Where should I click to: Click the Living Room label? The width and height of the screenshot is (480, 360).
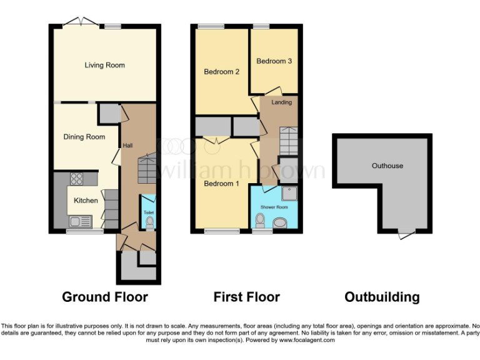coord(104,65)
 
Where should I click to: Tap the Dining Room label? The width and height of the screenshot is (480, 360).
coord(84,137)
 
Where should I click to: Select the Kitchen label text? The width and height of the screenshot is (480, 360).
coord(86,201)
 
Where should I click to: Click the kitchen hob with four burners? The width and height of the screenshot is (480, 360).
coord(76,179)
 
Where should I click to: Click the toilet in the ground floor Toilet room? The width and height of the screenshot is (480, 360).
coord(149,221)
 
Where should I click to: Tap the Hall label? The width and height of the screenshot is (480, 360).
coord(127,146)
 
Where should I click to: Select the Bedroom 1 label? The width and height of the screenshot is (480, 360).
coord(221,183)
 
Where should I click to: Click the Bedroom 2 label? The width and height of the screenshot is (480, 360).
coord(221,72)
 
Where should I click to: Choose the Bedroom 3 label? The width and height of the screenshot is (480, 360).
coord(274,61)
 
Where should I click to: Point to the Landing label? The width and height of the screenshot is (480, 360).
coord(281,102)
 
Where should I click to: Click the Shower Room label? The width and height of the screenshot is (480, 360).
coord(274,207)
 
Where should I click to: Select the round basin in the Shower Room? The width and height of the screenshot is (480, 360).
coord(281,221)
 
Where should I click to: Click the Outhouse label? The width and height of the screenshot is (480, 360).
coord(387,166)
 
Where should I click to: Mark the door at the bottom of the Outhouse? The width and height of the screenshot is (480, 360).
coord(406,234)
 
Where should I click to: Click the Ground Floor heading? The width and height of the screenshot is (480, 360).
coord(104,297)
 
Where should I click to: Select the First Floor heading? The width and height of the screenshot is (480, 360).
coord(246,297)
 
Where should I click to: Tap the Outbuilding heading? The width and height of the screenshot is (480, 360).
coord(382,297)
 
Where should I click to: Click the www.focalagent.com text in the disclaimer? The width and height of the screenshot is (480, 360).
coord(307,341)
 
